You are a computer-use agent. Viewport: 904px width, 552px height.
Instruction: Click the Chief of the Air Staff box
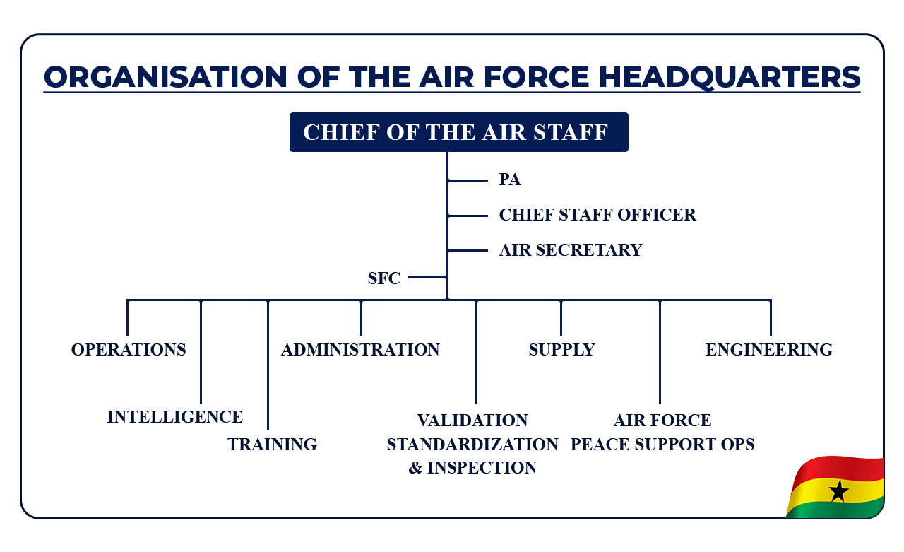click(458, 132)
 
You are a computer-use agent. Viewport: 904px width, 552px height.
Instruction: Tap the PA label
click(510, 180)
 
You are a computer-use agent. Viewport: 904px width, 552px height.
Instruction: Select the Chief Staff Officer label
click(597, 215)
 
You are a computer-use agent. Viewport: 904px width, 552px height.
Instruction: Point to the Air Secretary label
click(571, 250)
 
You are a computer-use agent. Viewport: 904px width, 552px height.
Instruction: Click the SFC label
click(383, 279)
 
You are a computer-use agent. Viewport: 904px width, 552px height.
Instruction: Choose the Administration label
click(360, 350)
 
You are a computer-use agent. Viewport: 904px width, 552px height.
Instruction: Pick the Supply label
click(561, 350)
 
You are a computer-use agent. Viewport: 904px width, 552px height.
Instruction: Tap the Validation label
click(472, 421)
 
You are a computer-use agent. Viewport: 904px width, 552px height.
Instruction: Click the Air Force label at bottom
click(662, 421)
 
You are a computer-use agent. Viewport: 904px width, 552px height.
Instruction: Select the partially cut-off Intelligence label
click(186, 417)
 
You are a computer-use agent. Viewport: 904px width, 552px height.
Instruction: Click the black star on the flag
click(838, 491)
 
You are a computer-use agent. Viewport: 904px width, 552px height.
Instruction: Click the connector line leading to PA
click(468, 181)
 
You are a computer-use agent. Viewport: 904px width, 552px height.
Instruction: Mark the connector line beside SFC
click(427, 278)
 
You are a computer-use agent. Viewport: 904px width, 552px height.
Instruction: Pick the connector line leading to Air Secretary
click(468, 251)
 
